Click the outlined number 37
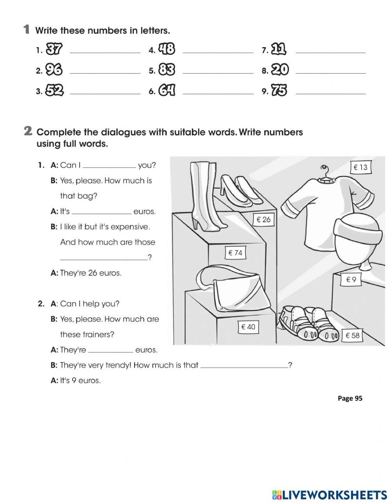(54, 49)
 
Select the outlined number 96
(54, 70)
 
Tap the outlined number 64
(167, 91)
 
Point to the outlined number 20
(280, 70)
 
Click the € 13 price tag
(360, 167)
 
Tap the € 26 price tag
(263, 220)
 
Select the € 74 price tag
(235, 253)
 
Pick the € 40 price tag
(248, 327)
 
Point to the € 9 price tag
(351, 279)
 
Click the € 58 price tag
(352, 335)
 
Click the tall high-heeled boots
(204, 195)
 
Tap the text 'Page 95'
(350, 398)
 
